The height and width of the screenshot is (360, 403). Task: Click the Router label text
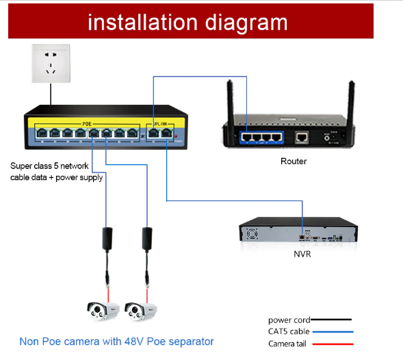coord(294,162)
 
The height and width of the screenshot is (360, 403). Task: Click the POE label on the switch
coord(87,123)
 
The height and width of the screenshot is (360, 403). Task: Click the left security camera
coord(101,311)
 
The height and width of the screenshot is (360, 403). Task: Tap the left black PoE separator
coord(107,237)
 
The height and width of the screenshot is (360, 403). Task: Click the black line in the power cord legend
coord(331,320)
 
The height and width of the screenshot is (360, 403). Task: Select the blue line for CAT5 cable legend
coord(331,331)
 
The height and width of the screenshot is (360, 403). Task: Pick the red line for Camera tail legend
coord(331,343)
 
